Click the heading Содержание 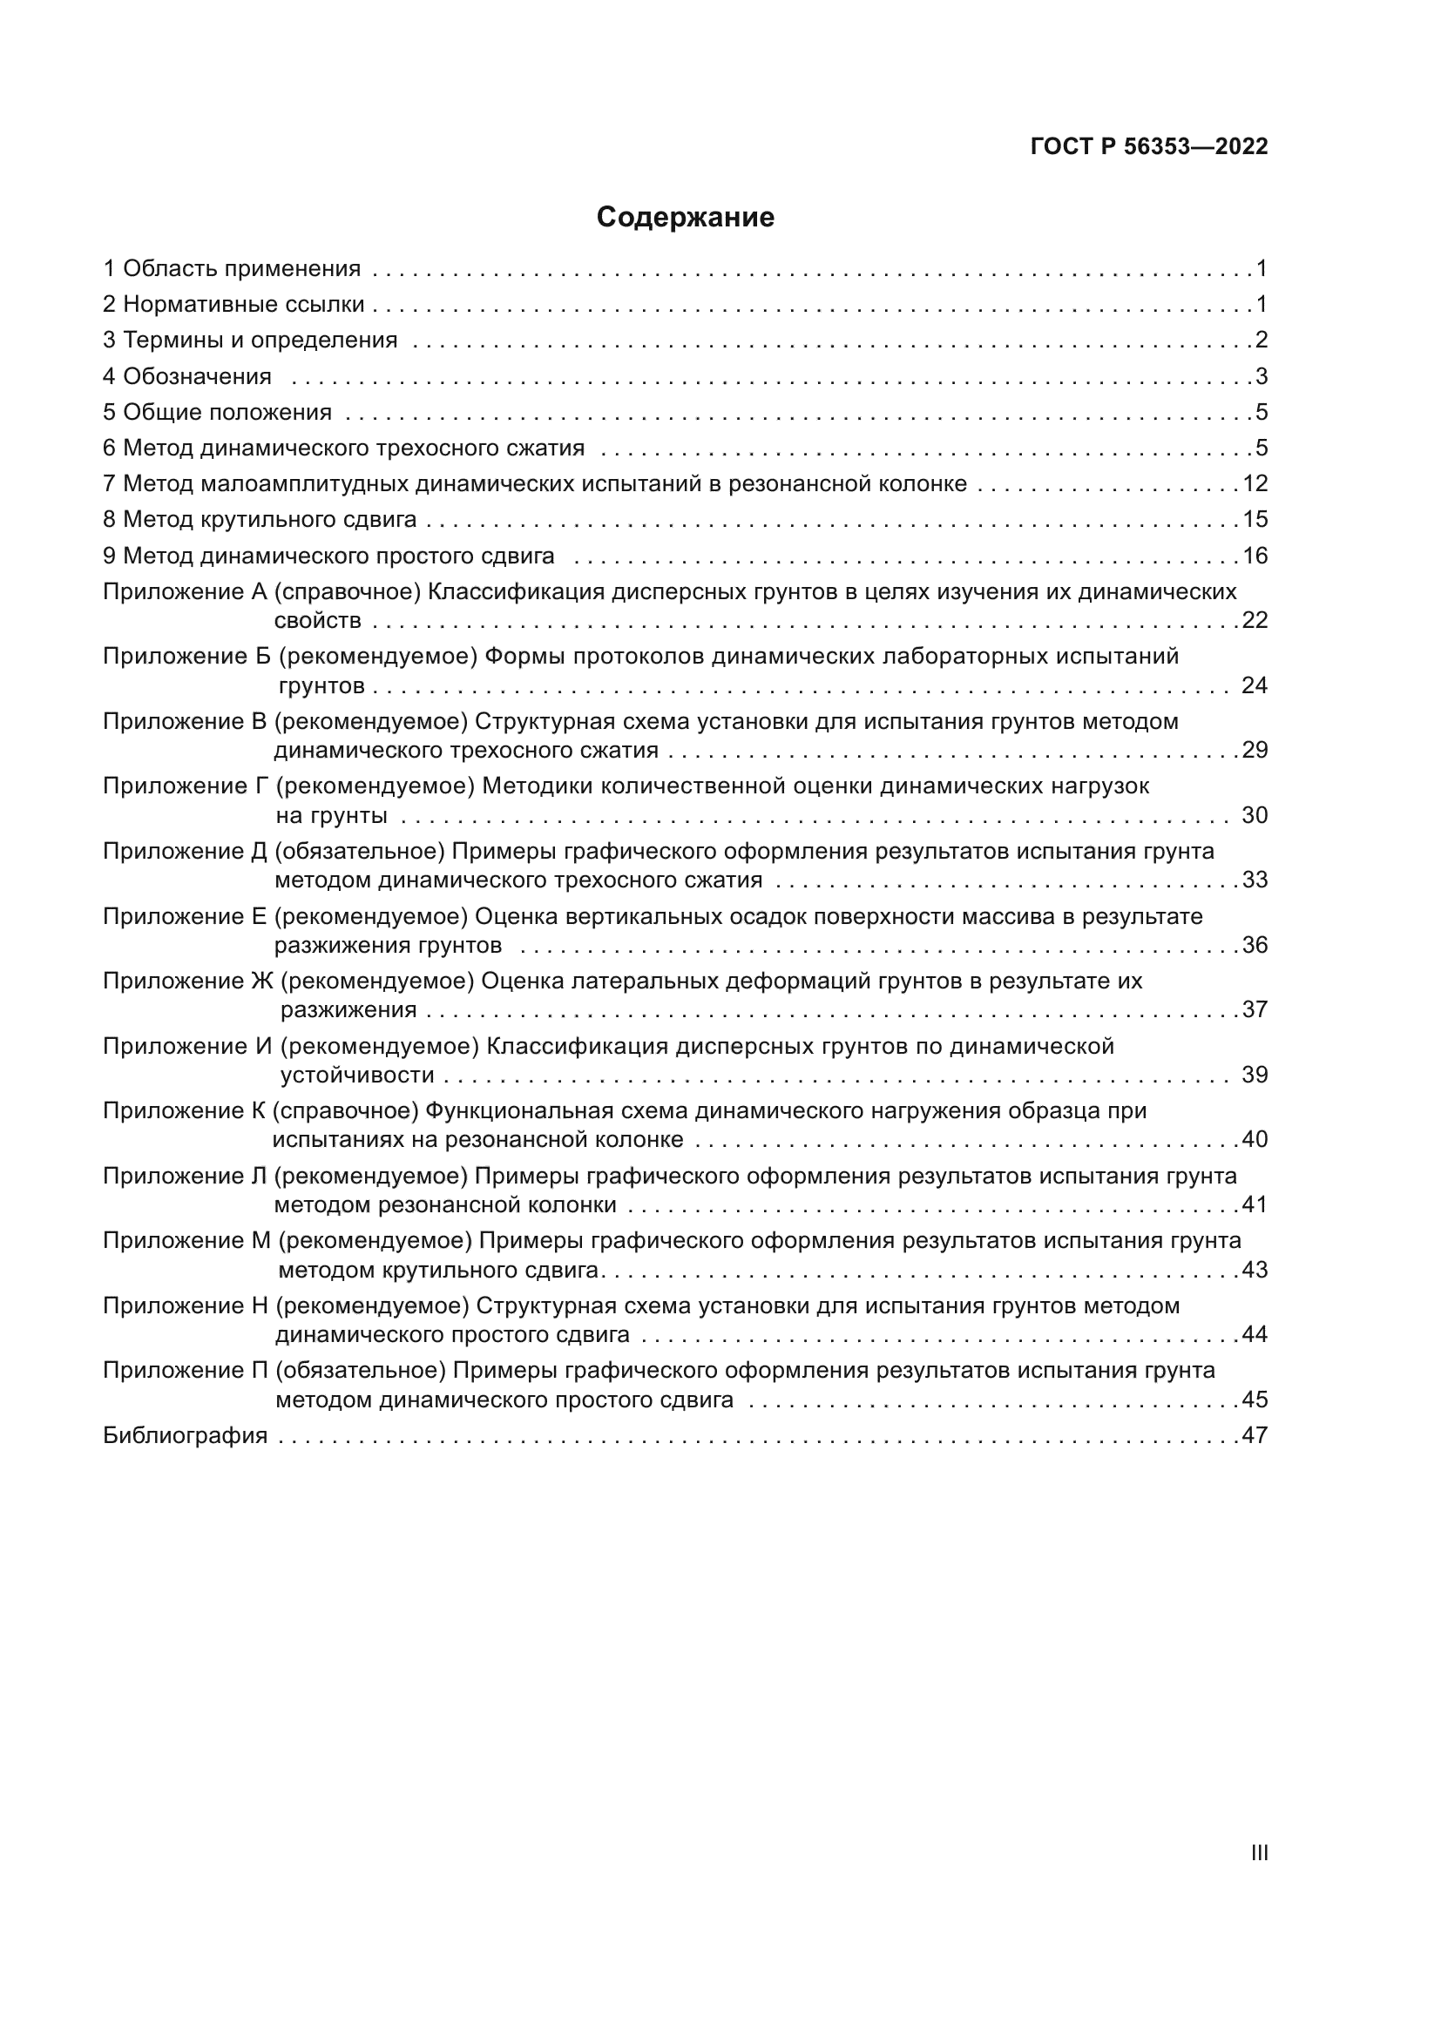tap(685, 218)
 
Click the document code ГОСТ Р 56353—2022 tap(1149, 147)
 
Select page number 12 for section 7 tap(1255, 483)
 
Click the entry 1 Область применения tap(233, 268)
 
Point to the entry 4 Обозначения tap(187, 376)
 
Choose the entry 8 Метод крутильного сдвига tap(260, 519)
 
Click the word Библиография tap(186, 1434)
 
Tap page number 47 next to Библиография tap(1255, 1434)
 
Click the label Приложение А tap(185, 591)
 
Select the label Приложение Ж tap(188, 981)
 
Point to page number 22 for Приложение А tap(1255, 620)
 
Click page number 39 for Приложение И tap(1255, 1075)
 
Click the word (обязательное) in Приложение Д tap(359, 851)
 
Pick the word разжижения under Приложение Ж tap(348, 1009)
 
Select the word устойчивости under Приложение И tap(357, 1075)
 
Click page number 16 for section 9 tap(1255, 556)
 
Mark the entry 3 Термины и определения tap(250, 340)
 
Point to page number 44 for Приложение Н tap(1255, 1333)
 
